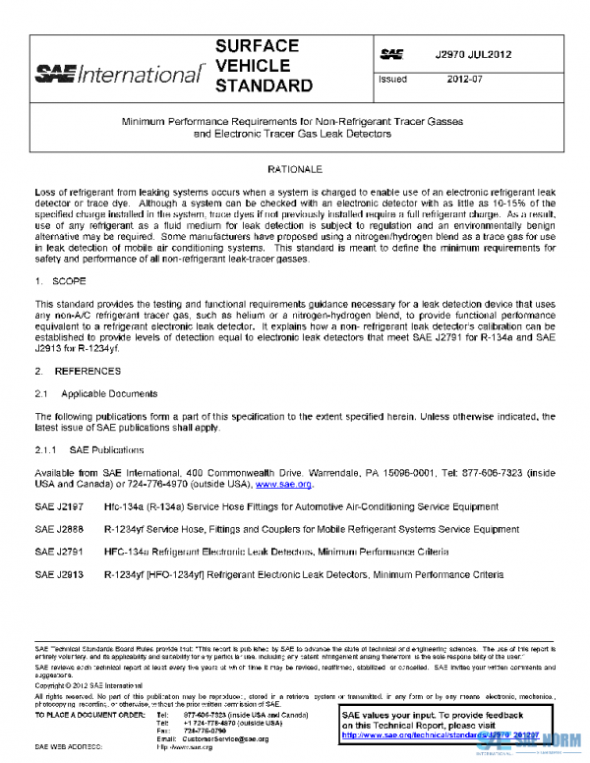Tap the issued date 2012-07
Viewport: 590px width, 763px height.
[x=465, y=78]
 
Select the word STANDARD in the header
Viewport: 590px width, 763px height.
[x=263, y=86]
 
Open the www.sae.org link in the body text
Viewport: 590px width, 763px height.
[x=284, y=484]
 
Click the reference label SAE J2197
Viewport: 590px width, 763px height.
[x=57, y=505]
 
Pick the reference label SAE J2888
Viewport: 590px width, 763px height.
[x=57, y=529]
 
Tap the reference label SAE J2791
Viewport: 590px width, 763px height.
[x=57, y=552]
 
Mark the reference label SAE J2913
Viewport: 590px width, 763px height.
[x=57, y=573]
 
